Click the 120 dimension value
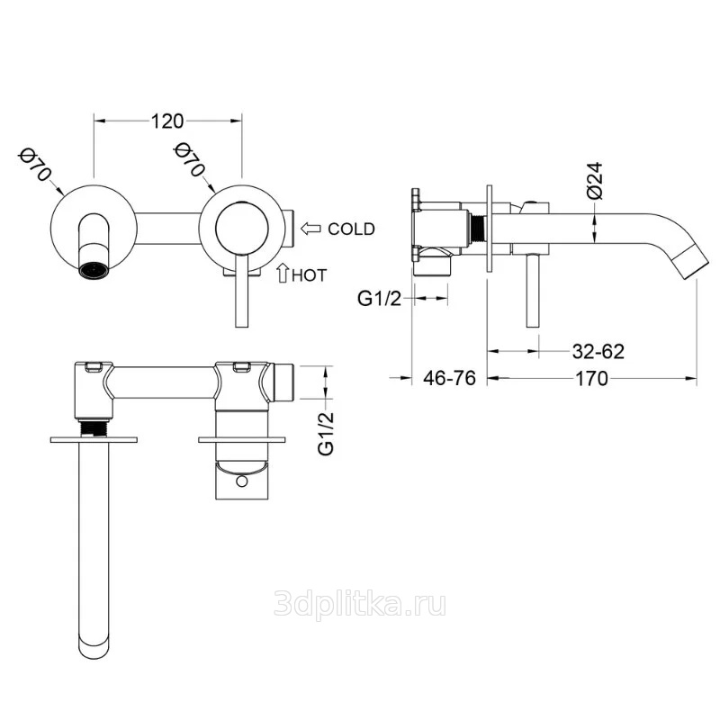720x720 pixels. (x=167, y=121)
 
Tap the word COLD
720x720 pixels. (x=351, y=229)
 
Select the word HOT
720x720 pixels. (x=309, y=275)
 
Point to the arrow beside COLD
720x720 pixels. (x=310, y=229)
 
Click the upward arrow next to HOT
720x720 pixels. (x=283, y=273)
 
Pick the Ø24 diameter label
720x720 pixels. (x=595, y=181)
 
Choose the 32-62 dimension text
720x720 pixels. (x=598, y=352)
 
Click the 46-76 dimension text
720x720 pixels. (x=449, y=378)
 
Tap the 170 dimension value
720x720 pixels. (x=591, y=379)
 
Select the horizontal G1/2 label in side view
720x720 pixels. (x=379, y=299)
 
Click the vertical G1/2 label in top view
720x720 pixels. (x=326, y=434)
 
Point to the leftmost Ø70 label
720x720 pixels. (x=33, y=165)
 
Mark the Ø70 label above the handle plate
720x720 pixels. (x=189, y=159)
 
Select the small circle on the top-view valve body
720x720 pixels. (x=241, y=481)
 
